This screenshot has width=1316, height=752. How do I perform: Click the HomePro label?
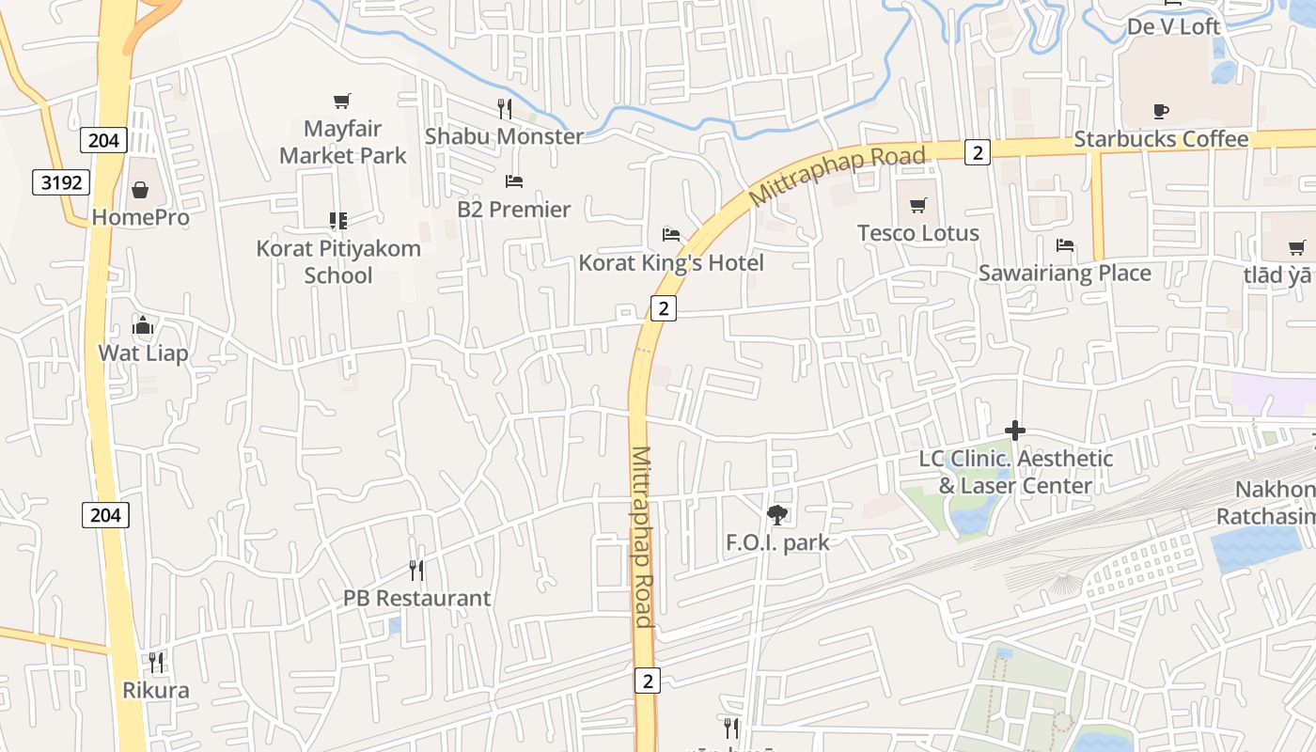(x=140, y=217)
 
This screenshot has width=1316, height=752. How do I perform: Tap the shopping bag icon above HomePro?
(x=140, y=191)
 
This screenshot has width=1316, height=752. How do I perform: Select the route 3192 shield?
(x=62, y=181)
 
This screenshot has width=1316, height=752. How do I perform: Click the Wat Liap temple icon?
(x=143, y=326)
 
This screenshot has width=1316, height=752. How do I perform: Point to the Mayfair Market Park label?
(x=342, y=141)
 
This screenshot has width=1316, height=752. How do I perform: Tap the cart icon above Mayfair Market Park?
(x=342, y=101)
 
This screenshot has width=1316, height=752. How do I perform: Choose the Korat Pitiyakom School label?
(x=338, y=261)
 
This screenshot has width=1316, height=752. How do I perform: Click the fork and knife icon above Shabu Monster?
(x=505, y=109)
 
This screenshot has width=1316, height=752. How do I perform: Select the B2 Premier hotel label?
(x=513, y=209)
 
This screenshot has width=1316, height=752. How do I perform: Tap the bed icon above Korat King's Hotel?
(x=671, y=234)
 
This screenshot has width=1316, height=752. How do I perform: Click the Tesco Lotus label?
(x=917, y=232)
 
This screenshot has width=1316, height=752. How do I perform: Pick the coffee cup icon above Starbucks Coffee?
(x=1161, y=112)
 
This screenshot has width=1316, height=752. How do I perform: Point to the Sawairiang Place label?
(x=1064, y=273)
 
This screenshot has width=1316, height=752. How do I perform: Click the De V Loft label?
(x=1173, y=26)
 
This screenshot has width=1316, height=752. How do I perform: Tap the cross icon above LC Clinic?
(x=1015, y=431)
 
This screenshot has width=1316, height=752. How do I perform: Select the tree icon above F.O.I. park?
(x=777, y=514)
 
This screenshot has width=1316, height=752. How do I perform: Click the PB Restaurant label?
(x=416, y=598)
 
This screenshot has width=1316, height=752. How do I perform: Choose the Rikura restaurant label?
(x=155, y=690)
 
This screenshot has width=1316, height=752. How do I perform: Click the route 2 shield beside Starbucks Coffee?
(x=978, y=151)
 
